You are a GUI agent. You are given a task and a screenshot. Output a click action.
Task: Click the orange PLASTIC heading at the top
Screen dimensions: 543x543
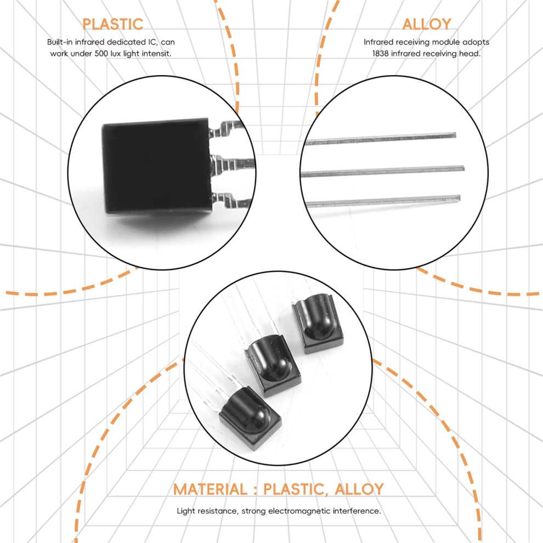112,24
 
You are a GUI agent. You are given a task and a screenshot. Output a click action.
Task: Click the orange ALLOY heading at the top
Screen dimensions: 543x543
427,24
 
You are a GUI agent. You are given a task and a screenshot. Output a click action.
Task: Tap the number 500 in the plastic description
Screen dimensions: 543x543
101,53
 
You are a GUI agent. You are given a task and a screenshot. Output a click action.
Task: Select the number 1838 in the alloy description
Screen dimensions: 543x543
380,53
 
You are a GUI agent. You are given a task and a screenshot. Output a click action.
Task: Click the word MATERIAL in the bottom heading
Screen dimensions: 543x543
210,489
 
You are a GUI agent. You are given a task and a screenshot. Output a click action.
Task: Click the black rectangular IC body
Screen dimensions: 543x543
156,166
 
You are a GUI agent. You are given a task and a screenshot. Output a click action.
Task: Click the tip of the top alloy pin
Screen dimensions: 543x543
455,135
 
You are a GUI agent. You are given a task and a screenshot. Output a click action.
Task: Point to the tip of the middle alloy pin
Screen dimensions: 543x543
463,168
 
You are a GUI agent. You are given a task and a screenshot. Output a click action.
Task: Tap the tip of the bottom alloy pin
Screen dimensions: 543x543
460,199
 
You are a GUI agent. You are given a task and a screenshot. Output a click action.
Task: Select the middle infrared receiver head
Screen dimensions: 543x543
273,365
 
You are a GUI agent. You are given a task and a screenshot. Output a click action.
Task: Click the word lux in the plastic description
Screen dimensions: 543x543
116,53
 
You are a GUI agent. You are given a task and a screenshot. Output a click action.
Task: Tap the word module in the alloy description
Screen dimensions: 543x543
446,42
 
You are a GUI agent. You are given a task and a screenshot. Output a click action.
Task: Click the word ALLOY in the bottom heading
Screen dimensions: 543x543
359,489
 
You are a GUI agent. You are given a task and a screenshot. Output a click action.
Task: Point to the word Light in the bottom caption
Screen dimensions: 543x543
186,511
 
